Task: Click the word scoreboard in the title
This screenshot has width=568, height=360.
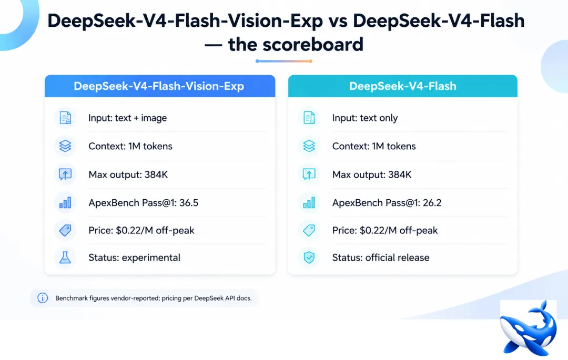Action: (x=312, y=45)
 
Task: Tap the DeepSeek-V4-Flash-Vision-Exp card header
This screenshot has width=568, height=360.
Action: (x=160, y=86)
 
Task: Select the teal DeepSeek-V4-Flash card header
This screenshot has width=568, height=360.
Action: (x=402, y=86)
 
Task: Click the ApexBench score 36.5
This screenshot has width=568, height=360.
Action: (x=189, y=203)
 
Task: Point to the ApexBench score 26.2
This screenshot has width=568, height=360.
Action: (x=432, y=203)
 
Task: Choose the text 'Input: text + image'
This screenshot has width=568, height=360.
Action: (x=127, y=118)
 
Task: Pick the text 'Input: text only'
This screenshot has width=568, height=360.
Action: (x=365, y=118)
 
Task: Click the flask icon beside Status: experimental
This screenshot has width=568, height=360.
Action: (x=65, y=258)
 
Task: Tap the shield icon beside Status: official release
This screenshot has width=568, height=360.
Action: (x=309, y=258)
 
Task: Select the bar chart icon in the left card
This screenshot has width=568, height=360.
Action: (x=65, y=203)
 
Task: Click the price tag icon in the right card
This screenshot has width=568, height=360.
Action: (x=309, y=230)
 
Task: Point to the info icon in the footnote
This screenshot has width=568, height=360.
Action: (x=43, y=298)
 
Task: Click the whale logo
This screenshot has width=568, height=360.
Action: (x=528, y=328)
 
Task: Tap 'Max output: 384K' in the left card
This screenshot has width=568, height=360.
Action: (x=128, y=175)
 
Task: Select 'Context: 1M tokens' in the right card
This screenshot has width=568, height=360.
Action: (x=374, y=146)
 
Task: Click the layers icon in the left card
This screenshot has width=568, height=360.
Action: (x=65, y=146)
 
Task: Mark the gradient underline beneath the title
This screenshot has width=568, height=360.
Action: (x=284, y=61)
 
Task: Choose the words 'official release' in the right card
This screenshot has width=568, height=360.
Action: (x=398, y=258)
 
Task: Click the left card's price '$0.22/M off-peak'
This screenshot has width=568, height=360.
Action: (x=155, y=231)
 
